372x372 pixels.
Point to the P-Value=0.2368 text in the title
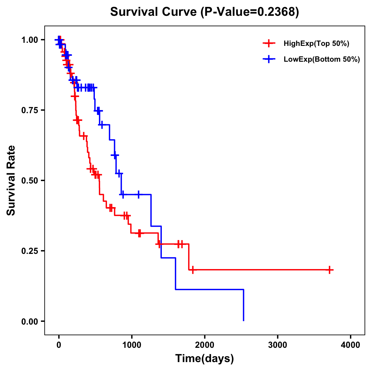(x=250, y=12)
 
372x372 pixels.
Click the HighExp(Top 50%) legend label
(x=317, y=44)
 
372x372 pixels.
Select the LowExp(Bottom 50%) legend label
(x=322, y=60)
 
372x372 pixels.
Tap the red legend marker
(x=269, y=44)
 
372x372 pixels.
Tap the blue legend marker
(x=269, y=60)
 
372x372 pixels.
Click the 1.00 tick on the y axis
(x=29, y=40)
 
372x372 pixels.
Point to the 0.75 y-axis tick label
(x=29, y=110)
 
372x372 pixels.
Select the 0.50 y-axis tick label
(x=29, y=181)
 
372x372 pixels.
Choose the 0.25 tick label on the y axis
(x=29, y=251)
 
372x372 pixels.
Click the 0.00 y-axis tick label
(x=29, y=321)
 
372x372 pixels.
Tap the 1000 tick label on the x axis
(x=131, y=345)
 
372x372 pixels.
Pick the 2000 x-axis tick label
(x=205, y=345)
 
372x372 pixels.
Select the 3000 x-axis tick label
(x=277, y=345)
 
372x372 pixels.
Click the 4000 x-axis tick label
(x=351, y=345)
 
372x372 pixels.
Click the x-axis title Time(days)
(x=205, y=359)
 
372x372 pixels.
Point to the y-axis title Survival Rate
(x=11, y=180)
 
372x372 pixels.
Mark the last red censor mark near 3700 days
(x=330, y=270)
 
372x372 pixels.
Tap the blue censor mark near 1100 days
(x=138, y=194)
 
